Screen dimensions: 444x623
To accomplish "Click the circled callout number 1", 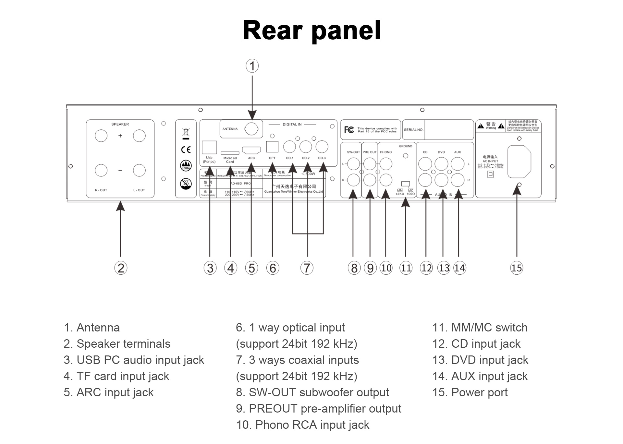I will pyautogui.click(x=252, y=66).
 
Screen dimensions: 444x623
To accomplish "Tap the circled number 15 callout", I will pyautogui.click(x=517, y=268).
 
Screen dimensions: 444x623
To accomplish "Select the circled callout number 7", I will pyautogui.click(x=307, y=268).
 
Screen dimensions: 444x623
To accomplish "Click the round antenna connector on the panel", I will pyautogui.click(x=251, y=129).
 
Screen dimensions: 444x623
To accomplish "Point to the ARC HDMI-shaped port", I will pyautogui.click(x=251, y=150).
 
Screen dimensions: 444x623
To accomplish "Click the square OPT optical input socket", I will pyautogui.click(x=272, y=147).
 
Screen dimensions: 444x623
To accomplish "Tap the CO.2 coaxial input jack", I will pyautogui.click(x=306, y=147).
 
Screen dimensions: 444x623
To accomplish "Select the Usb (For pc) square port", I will pyautogui.click(x=209, y=148).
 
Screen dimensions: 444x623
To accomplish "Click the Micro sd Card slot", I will pyautogui.click(x=230, y=153).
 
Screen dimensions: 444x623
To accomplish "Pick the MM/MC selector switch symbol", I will pyautogui.click(x=406, y=185).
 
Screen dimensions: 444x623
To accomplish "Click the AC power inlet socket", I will pyautogui.click(x=519, y=162).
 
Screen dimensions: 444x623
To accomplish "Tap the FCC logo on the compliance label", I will pyautogui.click(x=349, y=130).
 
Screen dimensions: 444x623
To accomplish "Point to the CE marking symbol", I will pyautogui.click(x=186, y=150).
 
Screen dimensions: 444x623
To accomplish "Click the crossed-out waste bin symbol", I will pyautogui.click(x=186, y=133).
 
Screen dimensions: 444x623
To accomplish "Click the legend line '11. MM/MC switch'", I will pyautogui.click(x=480, y=328).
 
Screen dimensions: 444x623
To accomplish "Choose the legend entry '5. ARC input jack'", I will pyautogui.click(x=109, y=392).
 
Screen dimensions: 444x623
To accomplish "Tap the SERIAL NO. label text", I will pyautogui.click(x=413, y=130).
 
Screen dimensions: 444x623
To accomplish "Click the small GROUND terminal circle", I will pyautogui.click(x=406, y=156).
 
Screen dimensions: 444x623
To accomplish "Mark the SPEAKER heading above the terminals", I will pyautogui.click(x=120, y=124).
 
